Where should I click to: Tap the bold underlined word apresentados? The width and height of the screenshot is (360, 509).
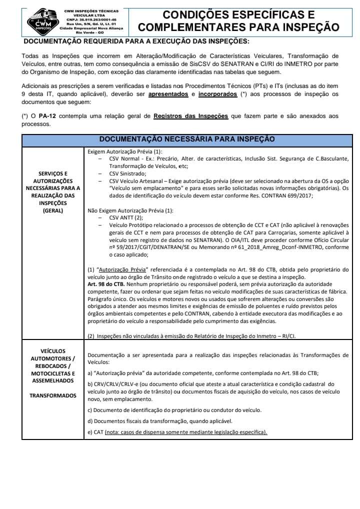pos(168,94)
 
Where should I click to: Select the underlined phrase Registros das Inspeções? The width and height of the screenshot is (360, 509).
pos(190,116)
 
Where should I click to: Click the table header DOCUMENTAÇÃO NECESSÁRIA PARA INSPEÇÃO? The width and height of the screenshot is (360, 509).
pos(187,139)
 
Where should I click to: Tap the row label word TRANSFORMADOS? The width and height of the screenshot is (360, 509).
pos(53,395)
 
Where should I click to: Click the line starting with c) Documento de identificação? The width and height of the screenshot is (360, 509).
pos(174,410)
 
